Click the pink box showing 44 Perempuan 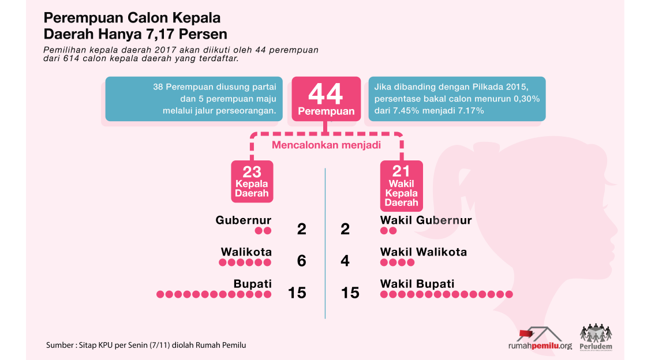click(x=326, y=99)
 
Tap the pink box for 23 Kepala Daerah click(x=252, y=181)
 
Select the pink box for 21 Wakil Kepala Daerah click(x=401, y=186)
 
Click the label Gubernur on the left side click(x=244, y=220)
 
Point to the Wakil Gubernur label click(x=426, y=220)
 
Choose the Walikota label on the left click(x=246, y=252)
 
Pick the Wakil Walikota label click(x=424, y=252)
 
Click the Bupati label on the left click(x=253, y=284)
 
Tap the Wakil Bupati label click(x=417, y=284)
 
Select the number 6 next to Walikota click(x=301, y=261)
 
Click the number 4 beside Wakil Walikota click(x=345, y=261)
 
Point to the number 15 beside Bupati click(x=297, y=292)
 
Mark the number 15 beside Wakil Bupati click(x=350, y=292)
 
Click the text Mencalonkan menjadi click(x=326, y=145)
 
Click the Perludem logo click(x=596, y=337)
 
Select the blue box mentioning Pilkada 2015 click(x=457, y=99)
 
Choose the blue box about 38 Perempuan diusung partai click(x=194, y=99)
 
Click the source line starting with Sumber click(x=146, y=345)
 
